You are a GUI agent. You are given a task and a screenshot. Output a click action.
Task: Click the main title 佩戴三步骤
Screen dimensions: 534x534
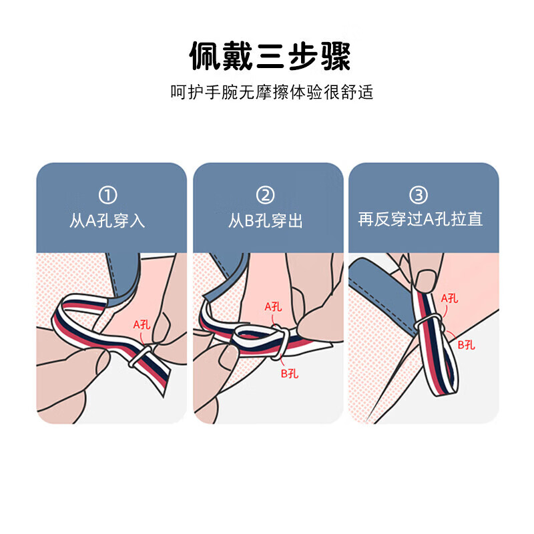pyautogui.click(x=267, y=57)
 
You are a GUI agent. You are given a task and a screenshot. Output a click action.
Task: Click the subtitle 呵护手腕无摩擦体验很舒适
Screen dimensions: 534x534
pyautogui.click(x=267, y=92)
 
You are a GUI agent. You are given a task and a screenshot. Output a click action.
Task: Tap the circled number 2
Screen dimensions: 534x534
pyautogui.click(x=266, y=195)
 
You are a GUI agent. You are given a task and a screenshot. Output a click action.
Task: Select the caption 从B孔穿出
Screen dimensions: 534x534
pyautogui.click(x=266, y=221)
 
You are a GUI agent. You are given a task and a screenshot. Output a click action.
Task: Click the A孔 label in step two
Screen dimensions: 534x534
pyautogui.click(x=274, y=307)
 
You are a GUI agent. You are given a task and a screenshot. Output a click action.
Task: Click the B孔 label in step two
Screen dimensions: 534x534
pyautogui.click(x=289, y=373)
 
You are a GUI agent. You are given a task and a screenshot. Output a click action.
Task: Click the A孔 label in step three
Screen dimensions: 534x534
pyautogui.click(x=449, y=298)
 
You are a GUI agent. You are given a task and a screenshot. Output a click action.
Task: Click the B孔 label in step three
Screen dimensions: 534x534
pyautogui.click(x=465, y=344)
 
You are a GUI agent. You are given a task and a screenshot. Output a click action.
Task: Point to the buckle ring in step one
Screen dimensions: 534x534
pyautogui.click(x=139, y=358)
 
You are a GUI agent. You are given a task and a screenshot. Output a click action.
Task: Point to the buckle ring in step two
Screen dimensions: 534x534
pyautogui.click(x=282, y=342)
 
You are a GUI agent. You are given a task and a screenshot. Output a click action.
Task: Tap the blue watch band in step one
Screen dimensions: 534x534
pyautogui.click(x=123, y=274)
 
